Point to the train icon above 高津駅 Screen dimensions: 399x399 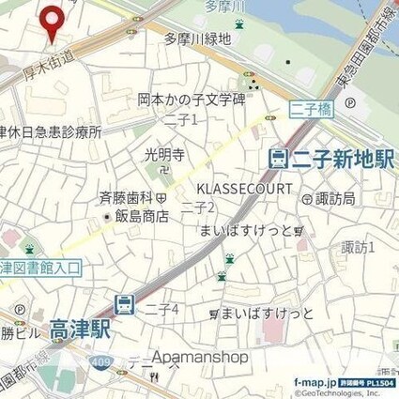point(123,302)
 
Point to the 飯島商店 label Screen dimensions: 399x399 point(142,216)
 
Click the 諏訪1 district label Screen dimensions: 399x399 point(358,247)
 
